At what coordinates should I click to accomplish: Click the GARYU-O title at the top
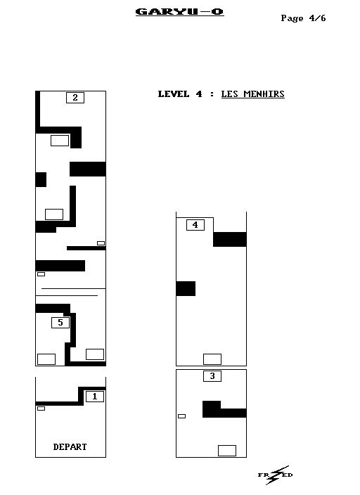[x=180, y=12]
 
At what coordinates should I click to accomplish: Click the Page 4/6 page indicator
[x=303, y=18]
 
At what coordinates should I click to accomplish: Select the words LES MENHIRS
[x=252, y=94]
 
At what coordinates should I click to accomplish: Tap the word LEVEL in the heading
[x=174, y=94]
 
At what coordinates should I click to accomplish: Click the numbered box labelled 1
[x=95, y=397]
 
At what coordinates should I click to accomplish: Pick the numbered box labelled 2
[x=75, y=98]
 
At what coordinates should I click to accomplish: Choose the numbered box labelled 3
[x=212, y=376]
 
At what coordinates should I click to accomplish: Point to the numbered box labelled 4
[x=195, y=225]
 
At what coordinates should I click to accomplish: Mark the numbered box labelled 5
[x=60, y=323]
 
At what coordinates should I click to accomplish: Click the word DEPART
[x=70, y=447]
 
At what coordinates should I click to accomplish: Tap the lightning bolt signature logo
[x=276, y=475]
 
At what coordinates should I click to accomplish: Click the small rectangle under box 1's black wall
[x=41, y=409]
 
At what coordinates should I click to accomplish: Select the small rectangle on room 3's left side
[x=181, y=416]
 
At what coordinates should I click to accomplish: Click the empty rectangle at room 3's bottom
[x=227, y=451]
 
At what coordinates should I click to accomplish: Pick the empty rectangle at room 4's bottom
[x=212, y=359]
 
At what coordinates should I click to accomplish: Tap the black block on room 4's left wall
[x=186, y=288]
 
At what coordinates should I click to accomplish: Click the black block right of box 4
[x=230, y=239]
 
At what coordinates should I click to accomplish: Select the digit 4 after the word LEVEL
[x=198, y=94]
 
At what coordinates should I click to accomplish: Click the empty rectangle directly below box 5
[x=46, y=359]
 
